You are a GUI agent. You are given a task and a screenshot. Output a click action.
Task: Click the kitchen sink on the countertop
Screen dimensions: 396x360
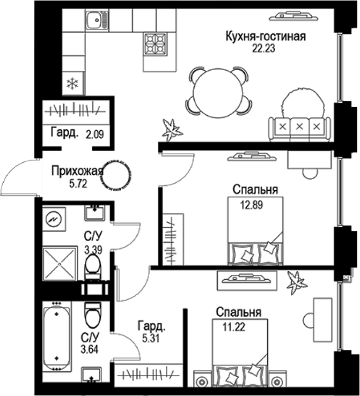click(x=97, y=21)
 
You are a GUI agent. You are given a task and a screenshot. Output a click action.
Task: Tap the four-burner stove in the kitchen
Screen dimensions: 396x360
click(x=155, y=44)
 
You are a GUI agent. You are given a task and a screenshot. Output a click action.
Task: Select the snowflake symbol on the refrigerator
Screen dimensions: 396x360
click(x=71, y=83)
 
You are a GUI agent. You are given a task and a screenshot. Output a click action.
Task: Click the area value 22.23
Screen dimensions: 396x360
click(x=265, y=48)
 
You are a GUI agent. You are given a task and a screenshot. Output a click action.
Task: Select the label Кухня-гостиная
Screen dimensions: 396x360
click(x=266, y=36)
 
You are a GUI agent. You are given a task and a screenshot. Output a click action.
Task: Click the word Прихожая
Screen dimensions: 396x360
click(x=77, y=171)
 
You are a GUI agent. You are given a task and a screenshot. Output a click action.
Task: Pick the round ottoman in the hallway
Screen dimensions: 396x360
click(x=116, y=175)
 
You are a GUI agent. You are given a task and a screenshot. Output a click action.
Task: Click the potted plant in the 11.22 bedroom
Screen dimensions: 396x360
click(x=295, y=281)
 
